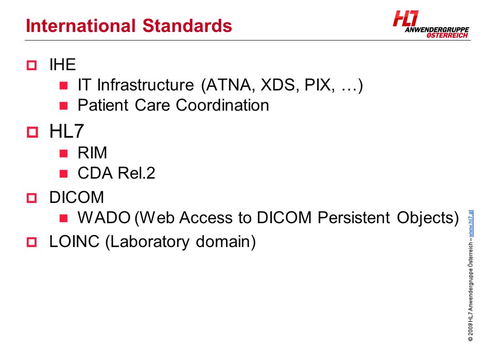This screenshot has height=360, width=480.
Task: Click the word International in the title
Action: click(81, 26)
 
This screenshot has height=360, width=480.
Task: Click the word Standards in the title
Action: click(187, 26)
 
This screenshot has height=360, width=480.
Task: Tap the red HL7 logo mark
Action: click(406, 18)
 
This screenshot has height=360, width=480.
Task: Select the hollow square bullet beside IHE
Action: click(32, 65)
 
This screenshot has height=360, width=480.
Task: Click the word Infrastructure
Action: click(145, 85)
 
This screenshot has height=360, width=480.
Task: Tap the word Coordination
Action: click(222, 105)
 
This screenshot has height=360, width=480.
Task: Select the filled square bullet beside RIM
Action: click(63, 153)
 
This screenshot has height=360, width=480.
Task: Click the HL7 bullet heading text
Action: click(67, 131)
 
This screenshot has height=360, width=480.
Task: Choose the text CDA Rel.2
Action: click(116, 173)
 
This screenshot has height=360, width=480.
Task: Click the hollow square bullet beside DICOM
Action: click(32, 198)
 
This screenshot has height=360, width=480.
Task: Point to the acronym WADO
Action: click(104, 218)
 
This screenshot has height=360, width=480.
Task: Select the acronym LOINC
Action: click(74, 242)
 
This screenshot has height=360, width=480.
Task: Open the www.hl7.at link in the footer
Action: click(471, 223)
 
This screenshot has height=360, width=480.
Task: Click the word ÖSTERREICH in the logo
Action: click(447, 36)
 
